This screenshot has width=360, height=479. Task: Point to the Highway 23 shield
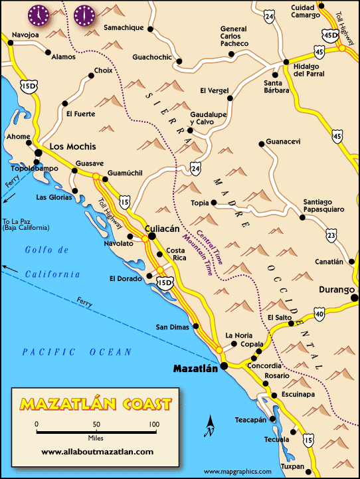[x=312, y=233]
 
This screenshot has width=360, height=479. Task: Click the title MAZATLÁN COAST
[x=96, y=403]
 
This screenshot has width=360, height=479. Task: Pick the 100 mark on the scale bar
[x=154, y=424]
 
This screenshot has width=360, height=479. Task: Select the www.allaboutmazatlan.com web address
[x=97, y=451]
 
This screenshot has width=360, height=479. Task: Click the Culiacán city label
[x=163, y=228]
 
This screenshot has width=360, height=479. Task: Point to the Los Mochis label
[x=73, y=146]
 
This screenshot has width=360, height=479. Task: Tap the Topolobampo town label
[x=31, y=169]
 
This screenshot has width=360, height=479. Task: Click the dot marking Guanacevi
[x=260, y=142]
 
